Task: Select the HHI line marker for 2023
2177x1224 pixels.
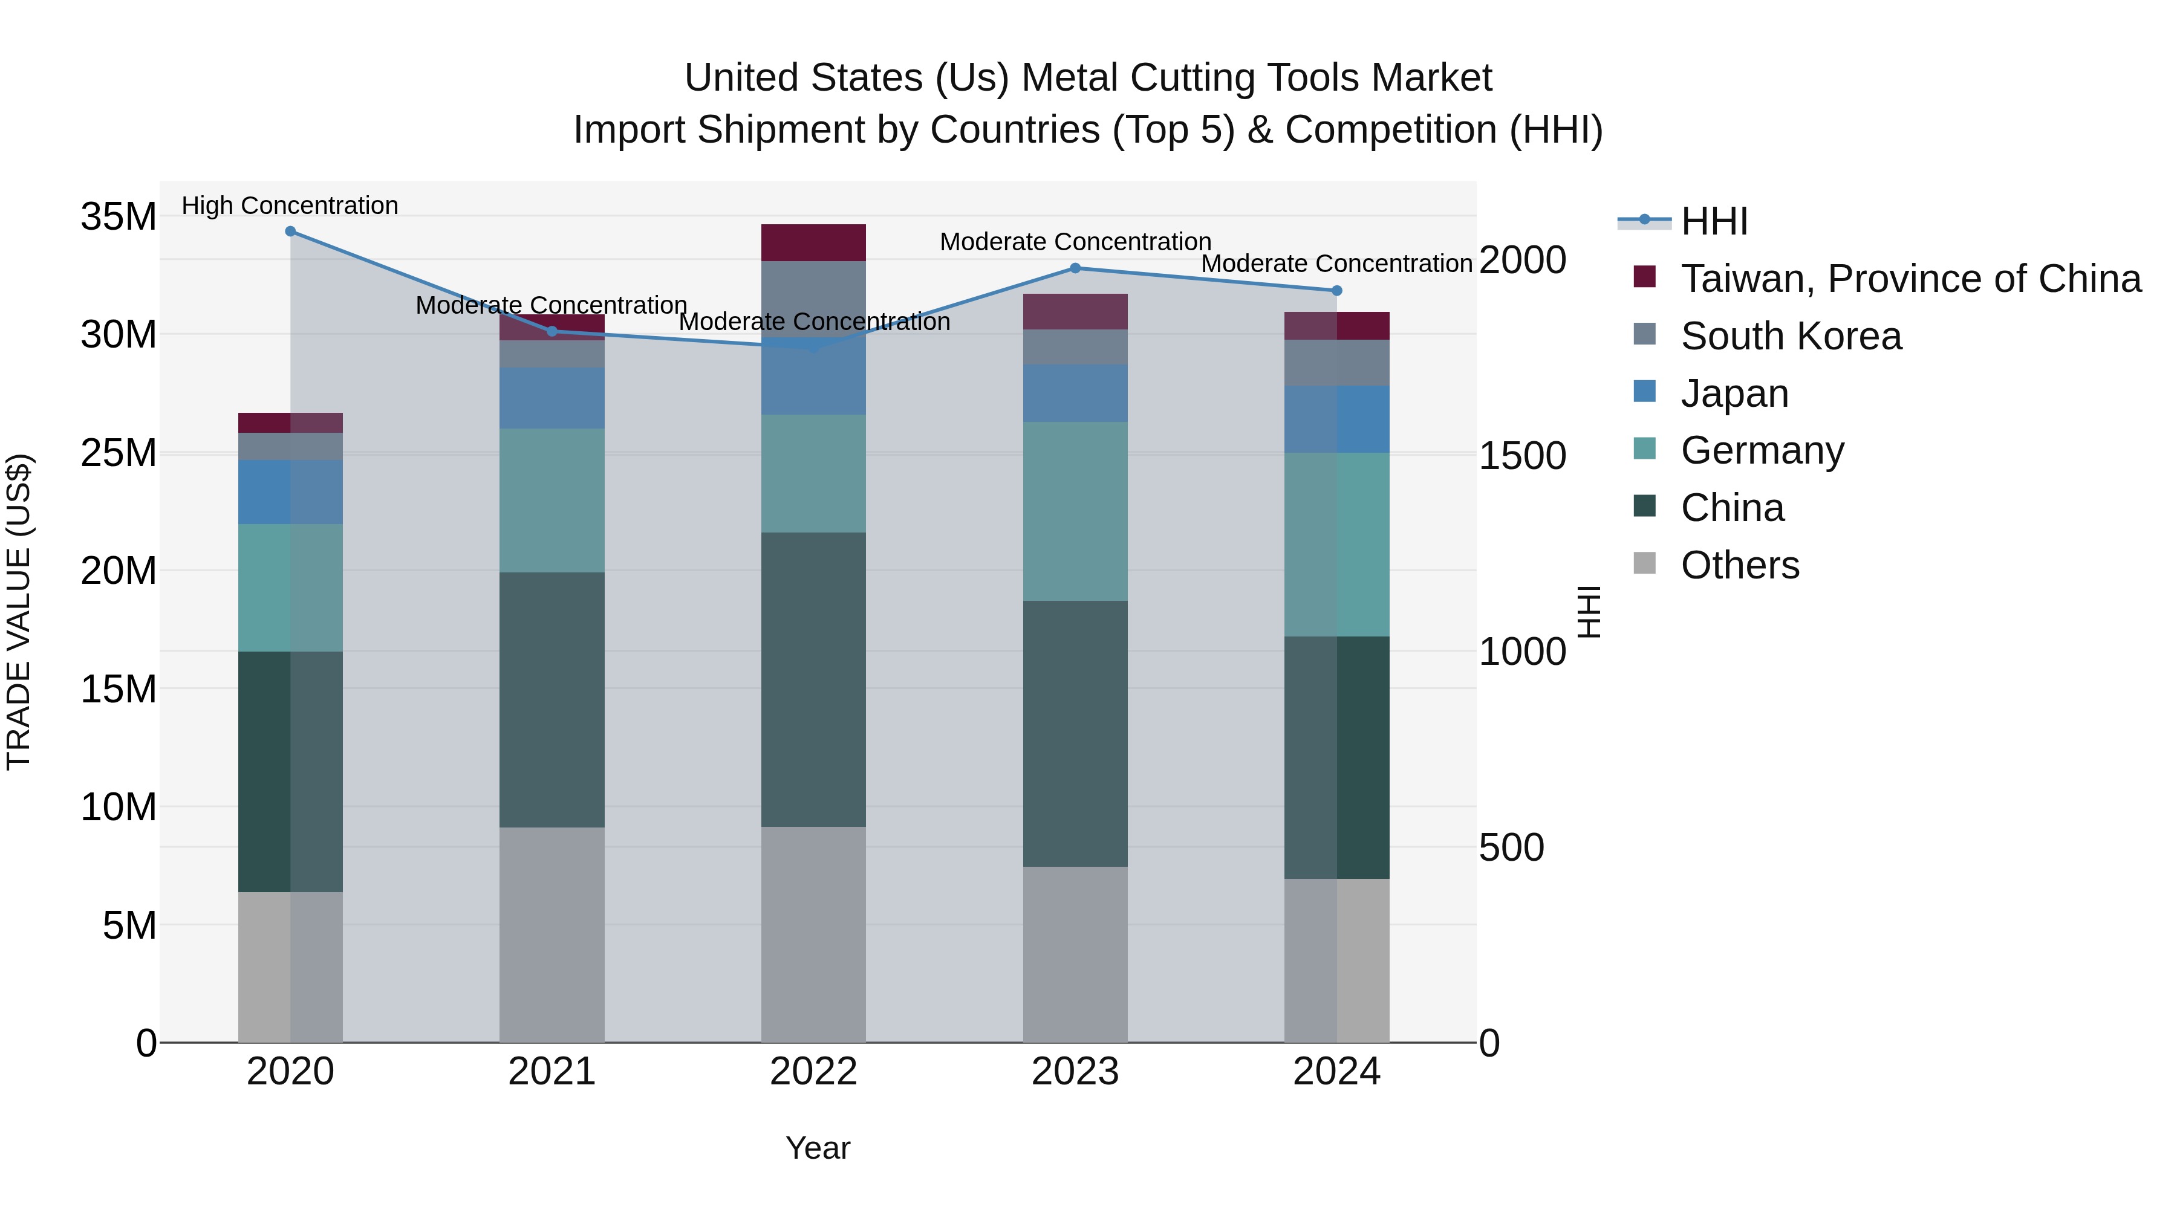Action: [1075, 268]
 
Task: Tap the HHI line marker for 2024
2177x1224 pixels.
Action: [1336, 291]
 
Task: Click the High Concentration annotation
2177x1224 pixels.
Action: [290, 206]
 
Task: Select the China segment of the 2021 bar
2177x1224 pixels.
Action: [552, 699]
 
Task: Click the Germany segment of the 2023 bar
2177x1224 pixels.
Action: [1075, 511]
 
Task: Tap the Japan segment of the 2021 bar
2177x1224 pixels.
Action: [552, 398]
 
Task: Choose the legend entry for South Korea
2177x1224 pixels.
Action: [1791, 336]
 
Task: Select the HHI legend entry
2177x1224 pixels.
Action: [1714, 221]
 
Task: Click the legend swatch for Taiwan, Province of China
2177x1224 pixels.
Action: [1645, 276]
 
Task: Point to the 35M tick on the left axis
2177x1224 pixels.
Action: [119, 217]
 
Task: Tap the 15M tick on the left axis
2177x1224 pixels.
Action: [119, 689]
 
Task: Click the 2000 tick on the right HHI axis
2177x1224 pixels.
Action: [1522, 260]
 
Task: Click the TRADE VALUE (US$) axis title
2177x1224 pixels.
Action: [19, 612]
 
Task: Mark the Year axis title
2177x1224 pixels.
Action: [817, 1148]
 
